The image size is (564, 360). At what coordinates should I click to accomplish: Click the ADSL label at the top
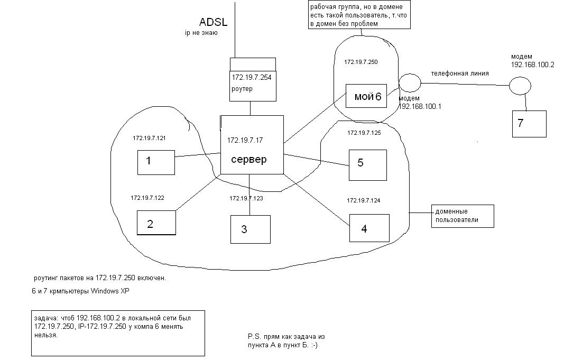[213, 22]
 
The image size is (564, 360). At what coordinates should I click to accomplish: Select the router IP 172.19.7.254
[252, 77]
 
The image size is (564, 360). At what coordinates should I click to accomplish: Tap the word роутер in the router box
[242, 89]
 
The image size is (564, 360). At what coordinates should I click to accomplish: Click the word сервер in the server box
[249, 159]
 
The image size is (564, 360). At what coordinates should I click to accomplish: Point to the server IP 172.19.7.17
[245, 140]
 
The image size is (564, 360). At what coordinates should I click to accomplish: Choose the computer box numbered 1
[156, 162]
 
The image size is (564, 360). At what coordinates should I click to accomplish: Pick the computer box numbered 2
[156, 223]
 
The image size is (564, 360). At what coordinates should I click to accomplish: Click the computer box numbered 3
[250, 229]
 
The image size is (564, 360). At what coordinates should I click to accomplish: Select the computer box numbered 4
[369, 228]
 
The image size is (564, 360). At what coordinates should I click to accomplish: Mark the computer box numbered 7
[529, 124]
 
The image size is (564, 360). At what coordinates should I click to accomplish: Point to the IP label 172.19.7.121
[149, 138]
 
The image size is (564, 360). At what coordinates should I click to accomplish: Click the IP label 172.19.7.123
[246, 198]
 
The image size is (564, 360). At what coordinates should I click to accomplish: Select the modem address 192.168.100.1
[420, 106]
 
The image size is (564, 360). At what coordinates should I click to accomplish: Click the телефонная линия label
[459, 73]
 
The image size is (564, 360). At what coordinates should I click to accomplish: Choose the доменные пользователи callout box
[463, 216]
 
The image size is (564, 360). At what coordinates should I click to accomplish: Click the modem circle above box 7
[520, 85]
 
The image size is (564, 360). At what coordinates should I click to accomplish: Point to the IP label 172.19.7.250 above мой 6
[361, 62]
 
